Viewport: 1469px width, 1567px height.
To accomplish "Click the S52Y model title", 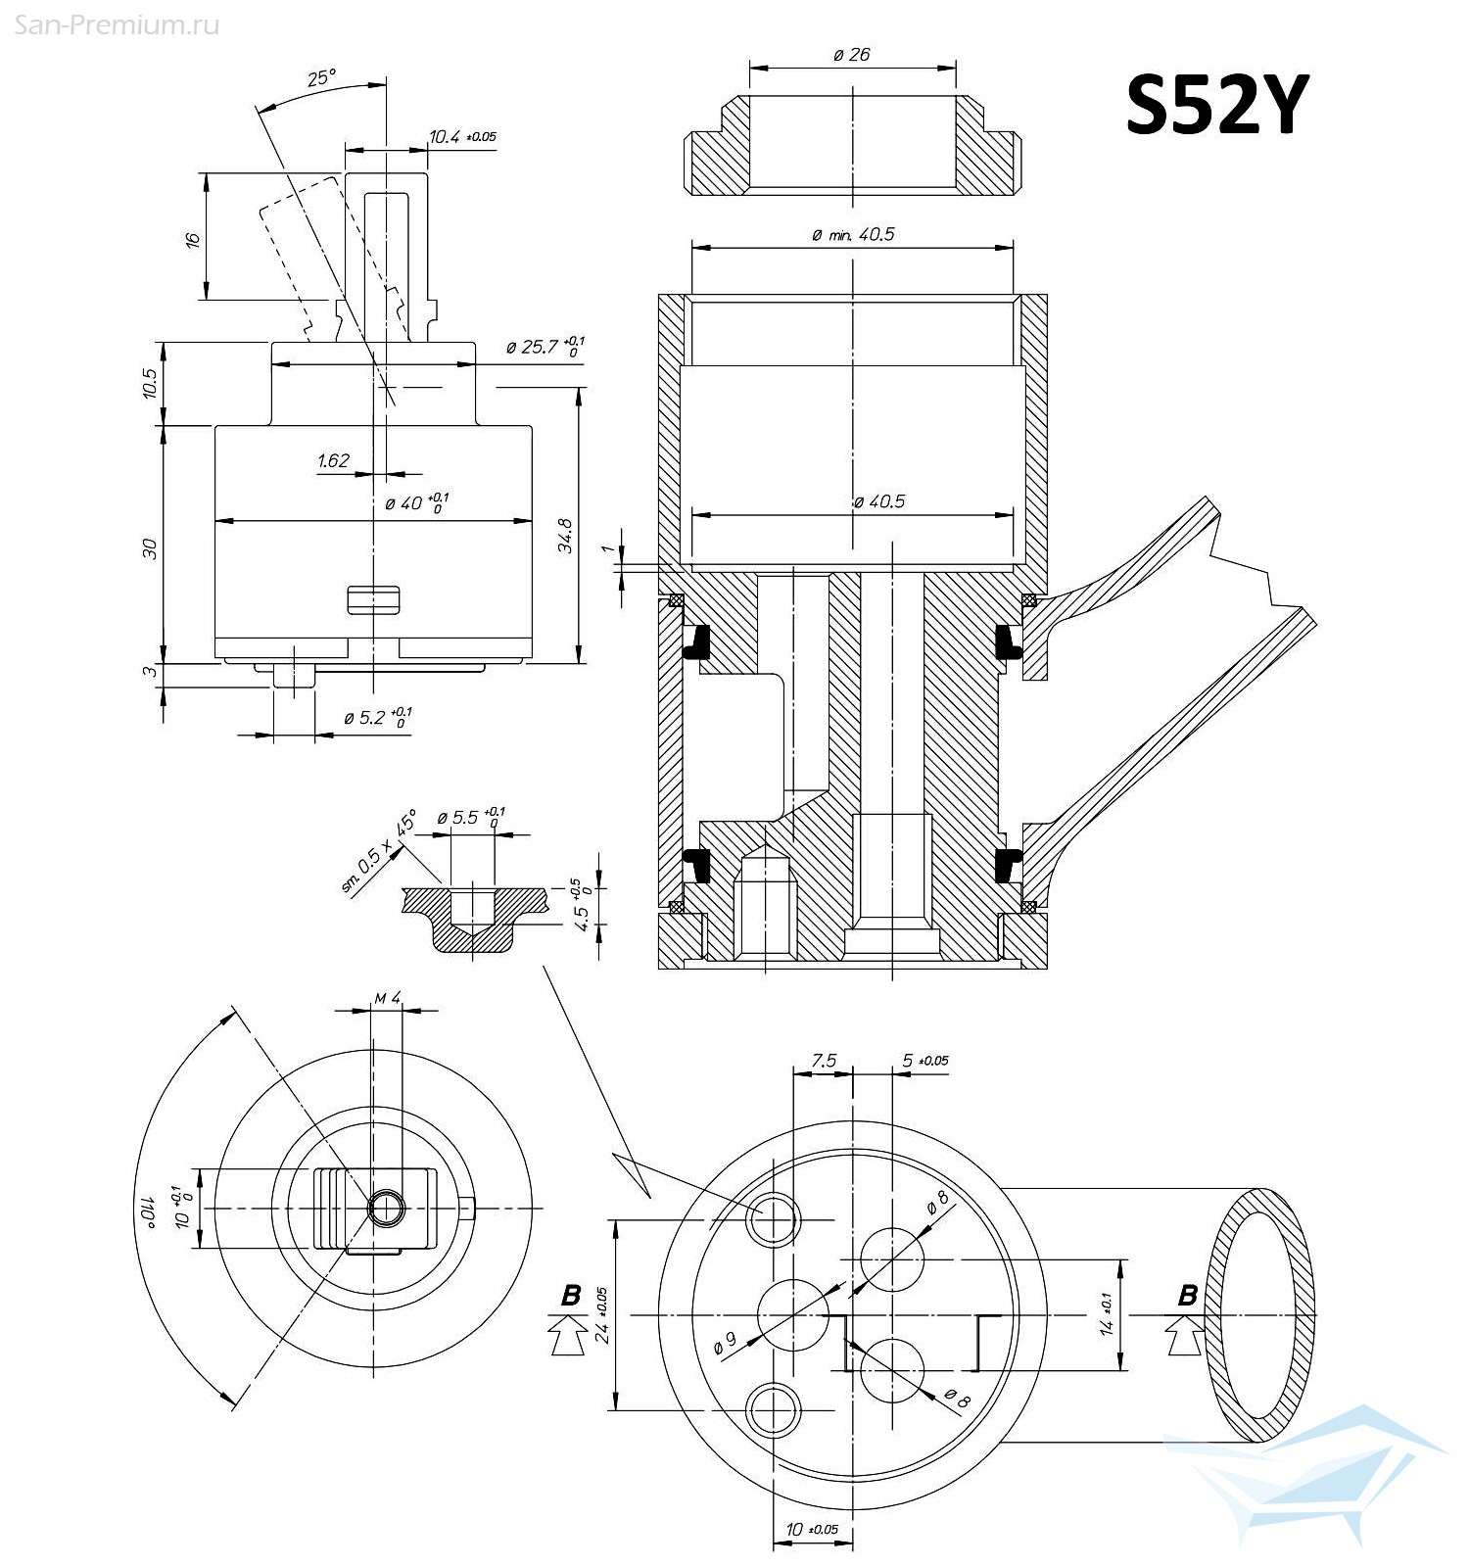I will pos(1216,106).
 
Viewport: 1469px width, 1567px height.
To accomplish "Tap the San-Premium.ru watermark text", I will pos(117,25).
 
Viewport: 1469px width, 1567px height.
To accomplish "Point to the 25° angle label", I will pos(321,78).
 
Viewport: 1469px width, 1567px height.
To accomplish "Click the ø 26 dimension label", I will pos(852,55).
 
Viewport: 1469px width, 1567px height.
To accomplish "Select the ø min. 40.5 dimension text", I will pos(853,235).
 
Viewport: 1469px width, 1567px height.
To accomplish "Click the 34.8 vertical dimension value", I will pos(566,535).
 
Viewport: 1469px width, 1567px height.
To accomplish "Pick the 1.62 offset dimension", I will pos(333,460).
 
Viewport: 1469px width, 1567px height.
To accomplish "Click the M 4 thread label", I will pos(388,998).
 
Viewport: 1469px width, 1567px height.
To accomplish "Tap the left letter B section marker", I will pos(570,1296).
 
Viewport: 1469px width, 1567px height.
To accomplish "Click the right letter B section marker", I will pos(1187,1296).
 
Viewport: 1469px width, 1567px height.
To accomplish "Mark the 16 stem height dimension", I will pos(193,238).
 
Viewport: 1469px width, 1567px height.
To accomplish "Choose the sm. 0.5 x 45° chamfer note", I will pos(378,851).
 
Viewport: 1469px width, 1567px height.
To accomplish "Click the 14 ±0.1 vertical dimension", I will pos(1107,1313).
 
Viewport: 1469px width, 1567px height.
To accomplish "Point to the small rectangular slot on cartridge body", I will pos(373,599).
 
